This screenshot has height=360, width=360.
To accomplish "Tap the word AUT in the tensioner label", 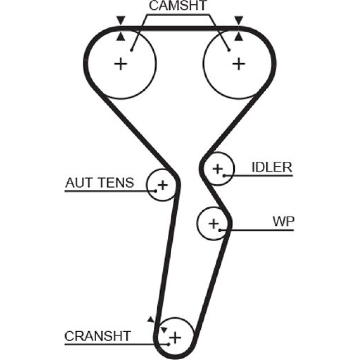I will click(x=77, y=183).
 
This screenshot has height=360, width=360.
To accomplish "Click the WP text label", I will click(x=283, y=221).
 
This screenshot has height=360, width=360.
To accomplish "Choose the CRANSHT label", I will click(x=97, y=336).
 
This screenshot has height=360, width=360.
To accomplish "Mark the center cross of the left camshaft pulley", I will click(x=121, y=64).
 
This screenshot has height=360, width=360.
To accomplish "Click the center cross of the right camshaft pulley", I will click(x=238, y=64).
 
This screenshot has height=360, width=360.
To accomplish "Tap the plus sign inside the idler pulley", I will click(x=217, y=168).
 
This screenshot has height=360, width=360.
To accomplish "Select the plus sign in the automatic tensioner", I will click(x=163, y=185).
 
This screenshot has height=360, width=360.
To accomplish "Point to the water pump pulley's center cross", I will click(x=214, y=224).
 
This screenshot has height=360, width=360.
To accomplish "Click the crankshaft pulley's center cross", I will click(x=175, y=338).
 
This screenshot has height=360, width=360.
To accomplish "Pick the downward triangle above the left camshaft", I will click(x=121, y=20).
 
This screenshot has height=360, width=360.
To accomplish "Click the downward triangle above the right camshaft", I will click(x=238, y=20).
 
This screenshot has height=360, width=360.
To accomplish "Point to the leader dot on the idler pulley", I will click(x=224, y=176).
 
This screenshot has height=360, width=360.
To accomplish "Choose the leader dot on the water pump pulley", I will click(x=220, y=230).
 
